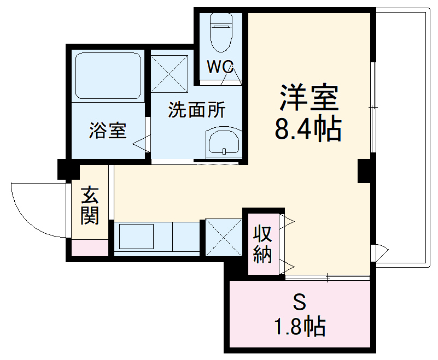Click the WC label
220,68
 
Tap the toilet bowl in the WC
221,27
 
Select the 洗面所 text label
196,110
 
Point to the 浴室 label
108,131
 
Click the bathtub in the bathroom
108,75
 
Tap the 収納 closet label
262,244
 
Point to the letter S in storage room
299,302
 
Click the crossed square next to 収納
223,237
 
